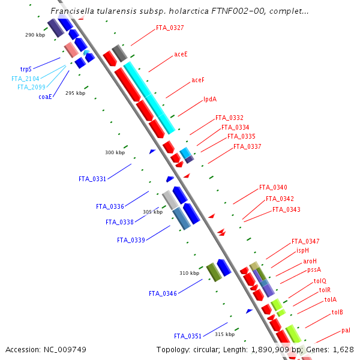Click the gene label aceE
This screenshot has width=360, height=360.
pos(181,54)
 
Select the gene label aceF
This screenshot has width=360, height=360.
pos(198,80)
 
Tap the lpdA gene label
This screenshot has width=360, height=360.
pos(210,99)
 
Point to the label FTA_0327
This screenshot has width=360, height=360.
pos(170,28)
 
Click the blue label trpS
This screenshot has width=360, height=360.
pos(26,69)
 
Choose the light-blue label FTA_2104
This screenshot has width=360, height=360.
pos(25,79)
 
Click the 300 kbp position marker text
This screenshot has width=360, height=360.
pos(115,152)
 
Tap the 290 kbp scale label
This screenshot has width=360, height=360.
pos(35,35)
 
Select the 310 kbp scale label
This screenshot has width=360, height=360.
pos(189,273)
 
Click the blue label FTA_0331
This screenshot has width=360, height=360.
pos(92,179)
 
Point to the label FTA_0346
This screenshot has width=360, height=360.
pos(163,293)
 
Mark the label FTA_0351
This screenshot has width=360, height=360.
pos(188,336)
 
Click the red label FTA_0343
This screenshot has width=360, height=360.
pos(286,209)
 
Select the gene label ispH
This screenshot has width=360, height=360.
pos(303,250)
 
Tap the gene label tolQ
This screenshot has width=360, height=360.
pos(320,281)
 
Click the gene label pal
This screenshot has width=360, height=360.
pos(346,330)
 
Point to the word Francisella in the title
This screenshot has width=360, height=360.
pos(73,11)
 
